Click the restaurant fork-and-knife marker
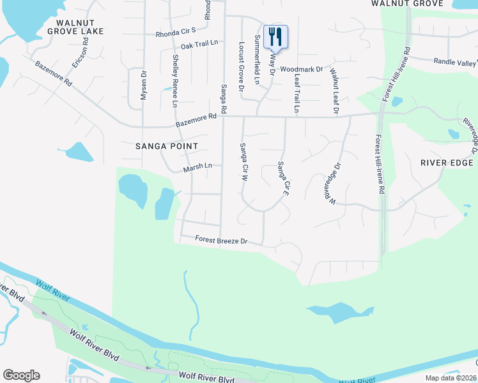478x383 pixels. (275, 36)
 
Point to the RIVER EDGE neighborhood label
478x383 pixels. (447, 162)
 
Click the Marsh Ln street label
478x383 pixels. (197, 167)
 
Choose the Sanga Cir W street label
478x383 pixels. (243, 163)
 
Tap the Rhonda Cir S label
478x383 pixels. (175, 34)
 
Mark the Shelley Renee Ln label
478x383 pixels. (174, 80)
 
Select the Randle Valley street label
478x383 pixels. (455, 62)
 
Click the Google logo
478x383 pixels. (21, 375)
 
